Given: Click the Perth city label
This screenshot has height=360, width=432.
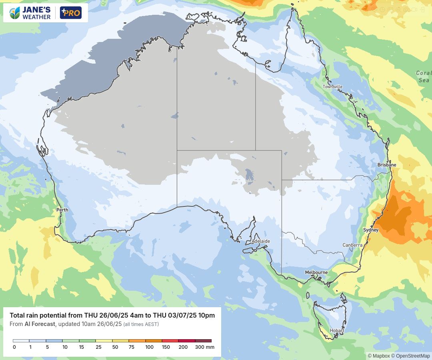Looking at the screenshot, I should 62,210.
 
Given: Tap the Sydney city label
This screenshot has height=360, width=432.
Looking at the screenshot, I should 371,230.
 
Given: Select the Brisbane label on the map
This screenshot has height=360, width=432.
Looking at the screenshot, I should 387,165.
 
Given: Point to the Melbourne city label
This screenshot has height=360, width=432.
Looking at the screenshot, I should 316,272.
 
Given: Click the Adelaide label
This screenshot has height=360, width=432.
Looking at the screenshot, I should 261,241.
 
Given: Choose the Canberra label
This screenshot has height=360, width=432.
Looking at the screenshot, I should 352,245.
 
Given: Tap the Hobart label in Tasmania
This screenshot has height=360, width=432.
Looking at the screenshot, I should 337,330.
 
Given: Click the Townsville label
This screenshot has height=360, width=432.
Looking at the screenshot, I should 333,87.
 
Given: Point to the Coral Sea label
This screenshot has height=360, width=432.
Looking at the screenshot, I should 424,76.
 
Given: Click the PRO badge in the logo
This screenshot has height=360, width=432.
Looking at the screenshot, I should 71,13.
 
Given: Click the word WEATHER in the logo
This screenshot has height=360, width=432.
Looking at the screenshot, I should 36,17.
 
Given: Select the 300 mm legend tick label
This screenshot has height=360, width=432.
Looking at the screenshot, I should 204,347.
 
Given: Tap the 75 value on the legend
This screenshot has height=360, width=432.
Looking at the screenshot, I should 132,347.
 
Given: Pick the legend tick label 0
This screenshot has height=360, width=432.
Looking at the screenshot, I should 14,347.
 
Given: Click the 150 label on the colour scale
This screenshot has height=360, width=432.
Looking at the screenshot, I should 166,347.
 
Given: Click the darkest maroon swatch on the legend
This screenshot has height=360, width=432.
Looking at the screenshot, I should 203,341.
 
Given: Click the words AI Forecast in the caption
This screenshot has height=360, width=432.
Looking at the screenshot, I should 40,324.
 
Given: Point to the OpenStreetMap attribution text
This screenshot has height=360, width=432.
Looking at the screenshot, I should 413,356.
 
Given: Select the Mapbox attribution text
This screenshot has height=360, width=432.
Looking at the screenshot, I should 381,356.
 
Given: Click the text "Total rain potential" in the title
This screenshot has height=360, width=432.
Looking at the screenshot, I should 38,315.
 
